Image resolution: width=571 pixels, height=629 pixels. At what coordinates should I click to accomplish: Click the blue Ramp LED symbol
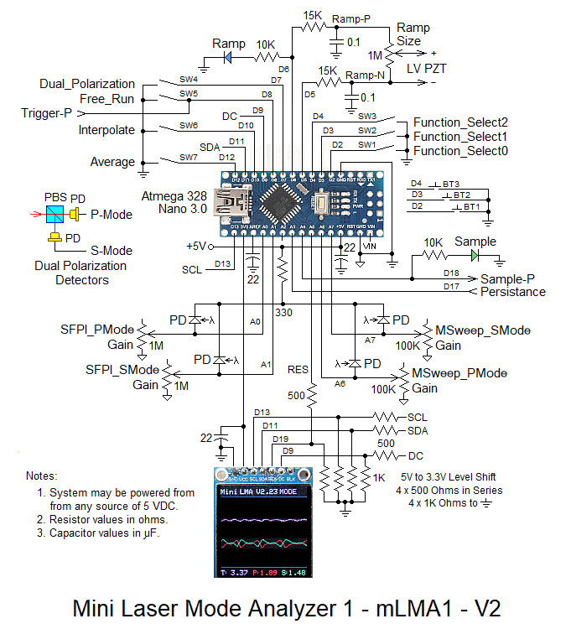tap(227, 58)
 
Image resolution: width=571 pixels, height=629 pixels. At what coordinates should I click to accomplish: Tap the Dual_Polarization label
tap(87, 84)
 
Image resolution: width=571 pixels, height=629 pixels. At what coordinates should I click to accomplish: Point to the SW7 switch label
tap(188, 156)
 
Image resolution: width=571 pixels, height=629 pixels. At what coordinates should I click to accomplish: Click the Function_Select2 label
tap(460, 122)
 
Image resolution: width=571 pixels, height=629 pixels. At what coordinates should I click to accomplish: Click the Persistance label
tap(512, 292)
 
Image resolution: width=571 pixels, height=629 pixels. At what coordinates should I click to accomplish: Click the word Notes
tap(43, 476)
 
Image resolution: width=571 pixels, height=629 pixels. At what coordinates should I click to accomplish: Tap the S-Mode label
tap(112, 250)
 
